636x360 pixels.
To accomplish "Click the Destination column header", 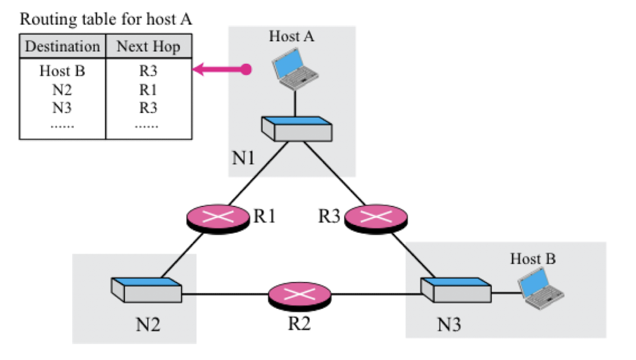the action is click(63, 46).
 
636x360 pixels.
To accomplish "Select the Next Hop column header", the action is click(148, 47).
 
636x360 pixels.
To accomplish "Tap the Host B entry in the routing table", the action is click(62, 71).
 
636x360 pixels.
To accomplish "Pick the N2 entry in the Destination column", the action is click(62, 89).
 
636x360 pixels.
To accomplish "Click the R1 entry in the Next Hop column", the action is click(148, 89).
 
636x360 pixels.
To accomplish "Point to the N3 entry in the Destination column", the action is click(62, 108).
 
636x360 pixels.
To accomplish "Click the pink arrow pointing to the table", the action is click(222, 70).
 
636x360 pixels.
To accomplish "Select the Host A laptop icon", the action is click(295, 68).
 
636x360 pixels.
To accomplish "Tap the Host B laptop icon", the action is click(541, 288).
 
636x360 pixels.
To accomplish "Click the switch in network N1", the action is click(297, 129).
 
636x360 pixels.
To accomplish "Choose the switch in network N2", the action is click(146, 290).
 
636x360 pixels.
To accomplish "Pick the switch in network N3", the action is click(456, 290).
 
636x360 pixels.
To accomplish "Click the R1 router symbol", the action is click(218, 219).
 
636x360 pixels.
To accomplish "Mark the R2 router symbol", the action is click(300, 296).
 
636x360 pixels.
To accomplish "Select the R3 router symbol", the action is click(376, 219).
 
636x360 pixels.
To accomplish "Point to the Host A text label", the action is click(291, 36).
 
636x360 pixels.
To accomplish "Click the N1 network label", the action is click(243, 157).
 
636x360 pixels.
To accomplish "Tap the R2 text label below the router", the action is click(300, 323).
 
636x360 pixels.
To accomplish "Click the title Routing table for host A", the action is click(106, 19).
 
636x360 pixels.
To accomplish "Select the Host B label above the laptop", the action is click(533, 259).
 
